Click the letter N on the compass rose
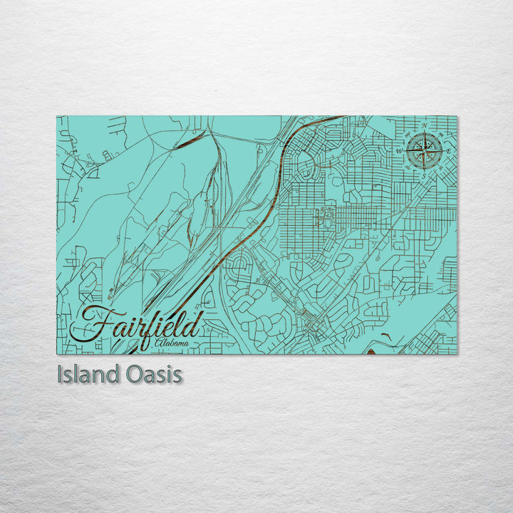[x=425, y=126]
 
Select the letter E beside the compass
[x=448, y=152]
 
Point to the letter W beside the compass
[x=400, y=150]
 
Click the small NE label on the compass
[x=441, y=134]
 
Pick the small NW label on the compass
[x=408, y=133]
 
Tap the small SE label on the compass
[x=440, y=167]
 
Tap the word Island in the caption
[x=83, y=375]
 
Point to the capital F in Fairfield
[x=89, y=324]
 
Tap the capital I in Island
[x=60, y=375]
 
